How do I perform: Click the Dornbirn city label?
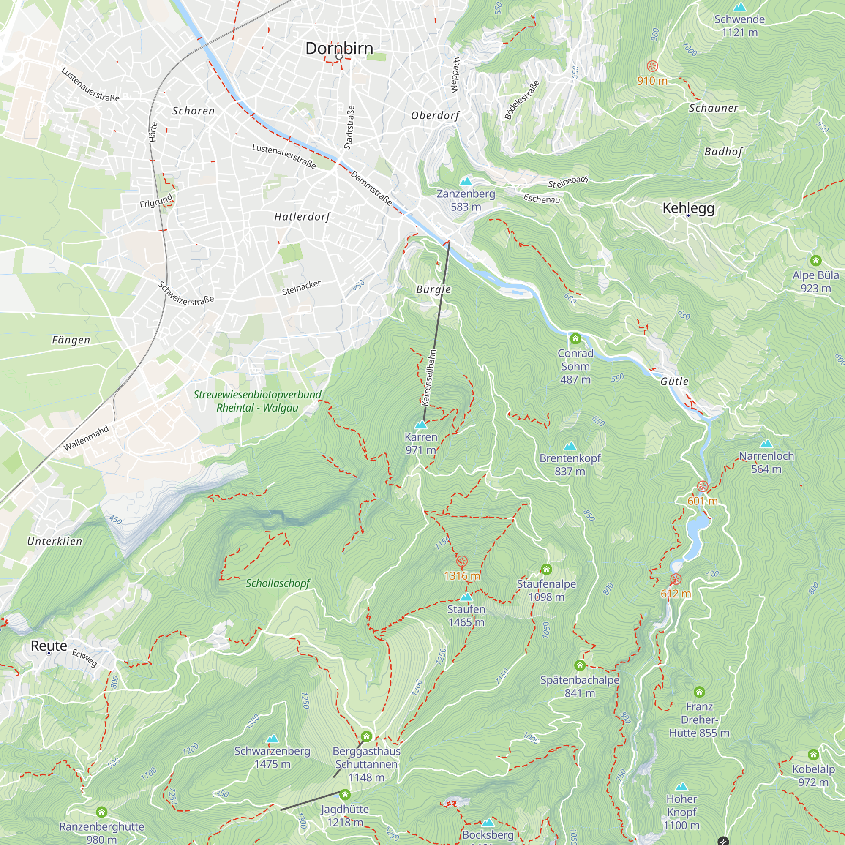(339, 48)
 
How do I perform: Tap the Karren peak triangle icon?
(421, 425)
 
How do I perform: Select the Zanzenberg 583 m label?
(466, 200)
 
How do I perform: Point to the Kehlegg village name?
(688, 208)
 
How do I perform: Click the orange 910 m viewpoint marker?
(652, 66)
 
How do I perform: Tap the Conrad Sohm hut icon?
(575, 338)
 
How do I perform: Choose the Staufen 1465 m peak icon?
(466, 597)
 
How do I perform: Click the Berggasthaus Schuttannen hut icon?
(366, 737)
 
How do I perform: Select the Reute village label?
(49, 646)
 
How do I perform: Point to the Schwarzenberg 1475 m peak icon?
(273, 739)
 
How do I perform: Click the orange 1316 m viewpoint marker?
(462, 561)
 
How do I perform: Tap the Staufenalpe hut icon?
(546, 569)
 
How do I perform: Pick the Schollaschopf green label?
(278, 583)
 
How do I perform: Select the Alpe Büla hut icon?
(816, 261)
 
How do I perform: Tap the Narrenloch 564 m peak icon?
(766, 444)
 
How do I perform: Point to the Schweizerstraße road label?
(186, 294)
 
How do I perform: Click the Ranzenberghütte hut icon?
(101, 812)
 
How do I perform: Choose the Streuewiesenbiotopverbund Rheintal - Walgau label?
(257, 401)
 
